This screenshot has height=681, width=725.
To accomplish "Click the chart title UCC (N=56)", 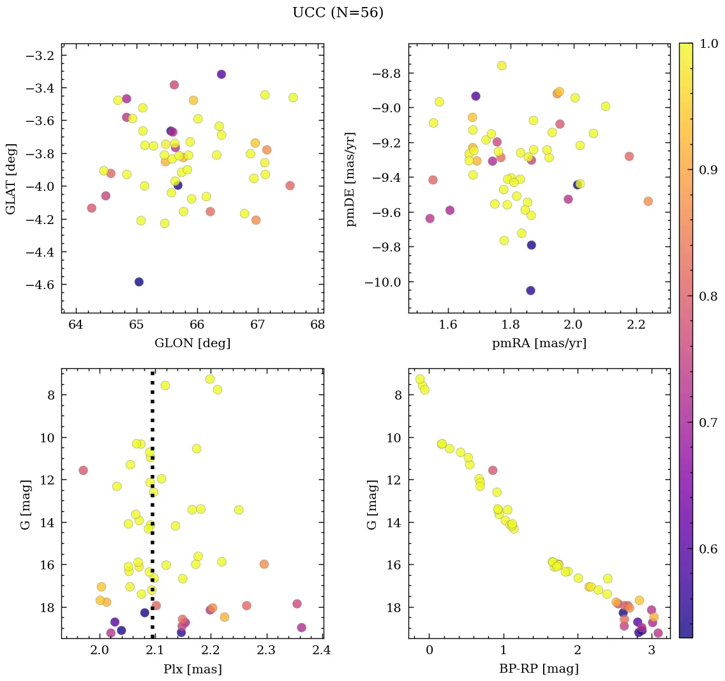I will point(338,13).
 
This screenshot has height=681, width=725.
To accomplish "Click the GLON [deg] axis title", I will point(192,343).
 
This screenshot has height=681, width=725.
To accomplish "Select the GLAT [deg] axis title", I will point(11,178).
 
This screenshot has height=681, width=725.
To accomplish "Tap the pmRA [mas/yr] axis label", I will point(539,343).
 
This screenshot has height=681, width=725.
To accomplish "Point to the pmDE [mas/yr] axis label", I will point(350,179).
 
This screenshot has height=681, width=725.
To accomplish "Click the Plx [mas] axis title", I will point(192,670).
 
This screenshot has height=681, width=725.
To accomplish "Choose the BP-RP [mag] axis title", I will point(539,670).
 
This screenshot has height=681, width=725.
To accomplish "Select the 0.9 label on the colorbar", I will point(708,170).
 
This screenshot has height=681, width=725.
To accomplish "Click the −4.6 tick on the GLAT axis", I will point(40,284).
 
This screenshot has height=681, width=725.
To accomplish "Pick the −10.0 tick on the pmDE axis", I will point(383,282).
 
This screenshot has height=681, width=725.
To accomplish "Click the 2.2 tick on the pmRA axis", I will point(636,326).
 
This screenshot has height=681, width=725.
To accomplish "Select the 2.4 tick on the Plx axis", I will point(322,651).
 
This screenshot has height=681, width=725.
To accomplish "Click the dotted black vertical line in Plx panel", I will point(153,511).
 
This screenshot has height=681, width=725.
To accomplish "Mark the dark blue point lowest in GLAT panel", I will point(139,282).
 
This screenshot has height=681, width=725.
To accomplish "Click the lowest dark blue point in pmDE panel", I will point(530,290).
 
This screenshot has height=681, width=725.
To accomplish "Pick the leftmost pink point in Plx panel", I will point(83,470).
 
